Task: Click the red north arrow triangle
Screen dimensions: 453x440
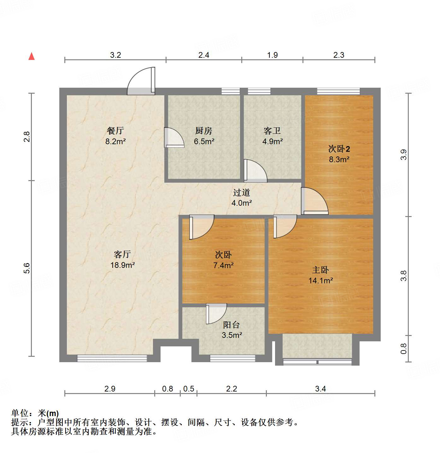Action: click(32, 56)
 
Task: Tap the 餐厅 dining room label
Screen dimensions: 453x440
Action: click(115, 130)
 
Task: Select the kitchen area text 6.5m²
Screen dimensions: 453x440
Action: click(204, 141)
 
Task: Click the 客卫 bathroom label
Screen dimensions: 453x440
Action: click(272, 130)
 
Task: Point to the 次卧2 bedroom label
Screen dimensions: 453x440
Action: click(339, 149)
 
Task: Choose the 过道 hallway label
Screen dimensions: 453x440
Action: click(242, 192)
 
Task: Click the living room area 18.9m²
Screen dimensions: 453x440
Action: click(122, 265)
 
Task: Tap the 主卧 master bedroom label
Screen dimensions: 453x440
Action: click(320, 270)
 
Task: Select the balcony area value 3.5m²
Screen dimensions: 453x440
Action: click(232, 335)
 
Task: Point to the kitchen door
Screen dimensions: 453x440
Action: click(174, 138)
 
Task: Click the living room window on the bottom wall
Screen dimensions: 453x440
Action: click(112, 358)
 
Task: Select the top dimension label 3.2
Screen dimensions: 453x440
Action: click(115, 55)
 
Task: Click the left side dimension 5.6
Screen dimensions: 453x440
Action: click(27, 268)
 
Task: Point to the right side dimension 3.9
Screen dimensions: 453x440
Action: click(403, 155)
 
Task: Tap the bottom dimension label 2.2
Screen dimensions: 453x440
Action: click(232, 389)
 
